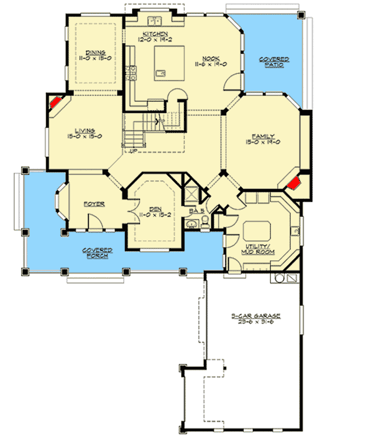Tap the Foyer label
tap(94, 204)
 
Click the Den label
tap(155, 208)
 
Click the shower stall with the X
tap(190, 191)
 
